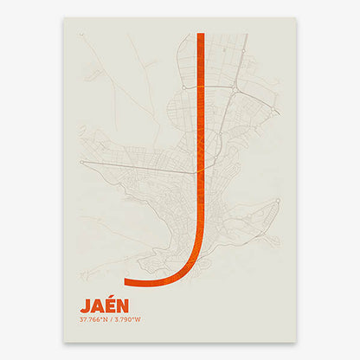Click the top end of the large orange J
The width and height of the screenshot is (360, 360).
pos(201,35)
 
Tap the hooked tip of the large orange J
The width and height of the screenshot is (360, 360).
pos(128,281)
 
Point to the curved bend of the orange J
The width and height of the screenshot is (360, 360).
pos(186,264)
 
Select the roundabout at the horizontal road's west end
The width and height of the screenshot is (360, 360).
pos(81,162)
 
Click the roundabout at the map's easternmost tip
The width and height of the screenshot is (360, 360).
pos(278,201)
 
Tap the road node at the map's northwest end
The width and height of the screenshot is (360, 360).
pos(81,35)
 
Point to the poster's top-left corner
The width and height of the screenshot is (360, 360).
pos(64,18)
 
